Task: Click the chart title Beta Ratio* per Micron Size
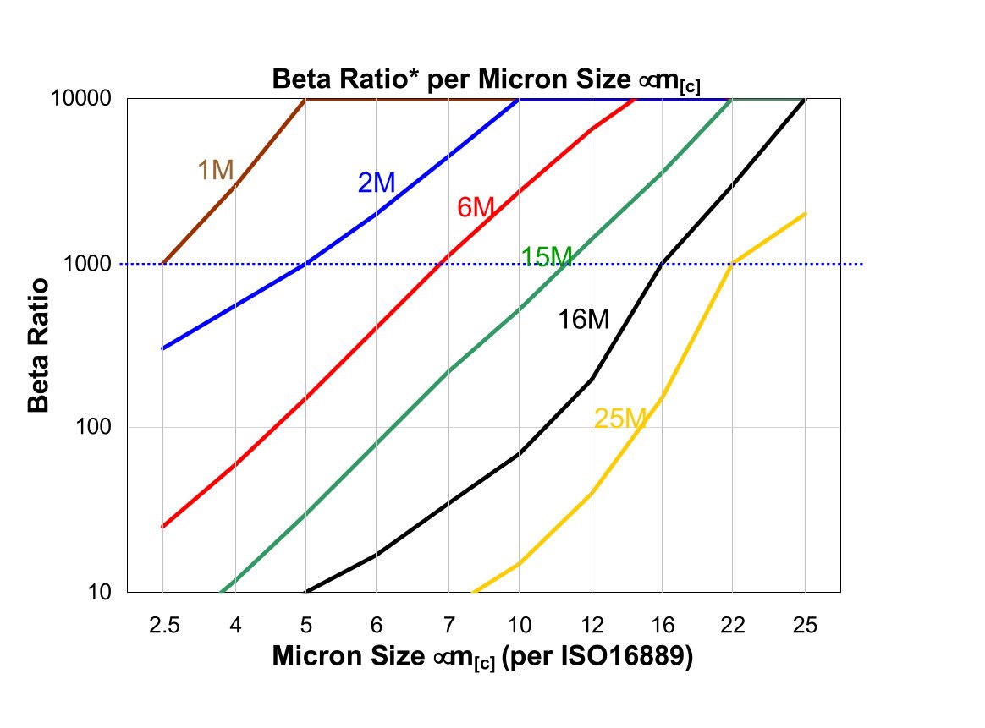click(486, 80)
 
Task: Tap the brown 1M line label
click(215, 171)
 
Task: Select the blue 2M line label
click(377, 183)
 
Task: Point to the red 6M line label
click(475, 207)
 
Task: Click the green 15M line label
click(546, 257)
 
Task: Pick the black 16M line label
click(583, 320)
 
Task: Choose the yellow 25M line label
click(620, 418)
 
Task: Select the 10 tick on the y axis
click(102, 592)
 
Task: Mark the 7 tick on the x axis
click(448, 626)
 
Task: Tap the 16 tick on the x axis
click(663, 626)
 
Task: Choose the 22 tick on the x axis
click(733, 626)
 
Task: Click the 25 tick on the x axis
click(805, 626)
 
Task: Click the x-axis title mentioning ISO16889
click(482, 657)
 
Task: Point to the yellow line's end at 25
click(805, 214)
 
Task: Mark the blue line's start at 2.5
click(162, 348)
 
